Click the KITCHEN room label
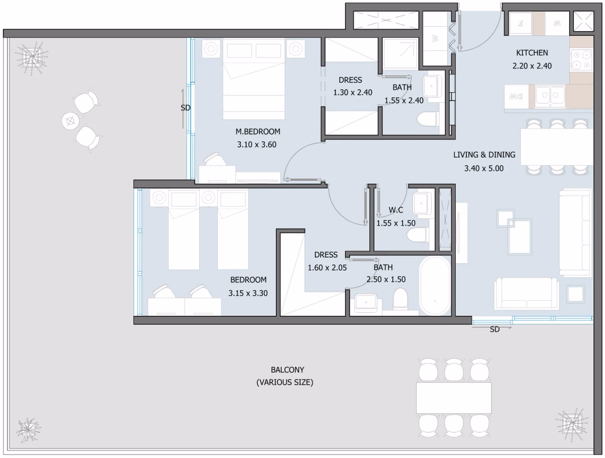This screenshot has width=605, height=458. tap(532, 52)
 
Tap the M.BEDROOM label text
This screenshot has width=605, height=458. tap(258, 132)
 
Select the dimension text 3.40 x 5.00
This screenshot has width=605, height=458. tap(483, 168)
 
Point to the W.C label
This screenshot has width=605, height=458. tap(396, 210)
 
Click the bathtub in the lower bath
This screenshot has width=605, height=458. tap(435, 285)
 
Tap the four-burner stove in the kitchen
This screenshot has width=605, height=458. tap(581, 59)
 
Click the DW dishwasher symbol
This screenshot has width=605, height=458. tap(516, 96)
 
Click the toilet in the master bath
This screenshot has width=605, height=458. tap(428, 119)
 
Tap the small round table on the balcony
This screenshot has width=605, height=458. tap(71, 121)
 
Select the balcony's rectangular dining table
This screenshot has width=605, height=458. tap(454, 398)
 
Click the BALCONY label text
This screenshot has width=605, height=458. tap(287, 370)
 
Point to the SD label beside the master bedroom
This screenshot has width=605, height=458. tap(186, 108)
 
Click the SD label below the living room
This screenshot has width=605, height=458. tap(495, 330)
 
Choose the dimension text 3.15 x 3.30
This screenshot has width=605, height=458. tap(248, 293)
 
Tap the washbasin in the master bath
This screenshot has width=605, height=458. tap(432, 86)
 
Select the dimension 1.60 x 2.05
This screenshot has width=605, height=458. tap(327, 268)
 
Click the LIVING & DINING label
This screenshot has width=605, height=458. tap(484, 155)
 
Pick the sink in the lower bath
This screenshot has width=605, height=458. tap(366, 303)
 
